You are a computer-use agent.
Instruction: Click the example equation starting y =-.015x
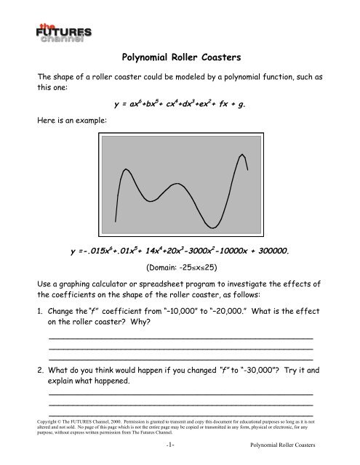(x=179, y=252)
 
